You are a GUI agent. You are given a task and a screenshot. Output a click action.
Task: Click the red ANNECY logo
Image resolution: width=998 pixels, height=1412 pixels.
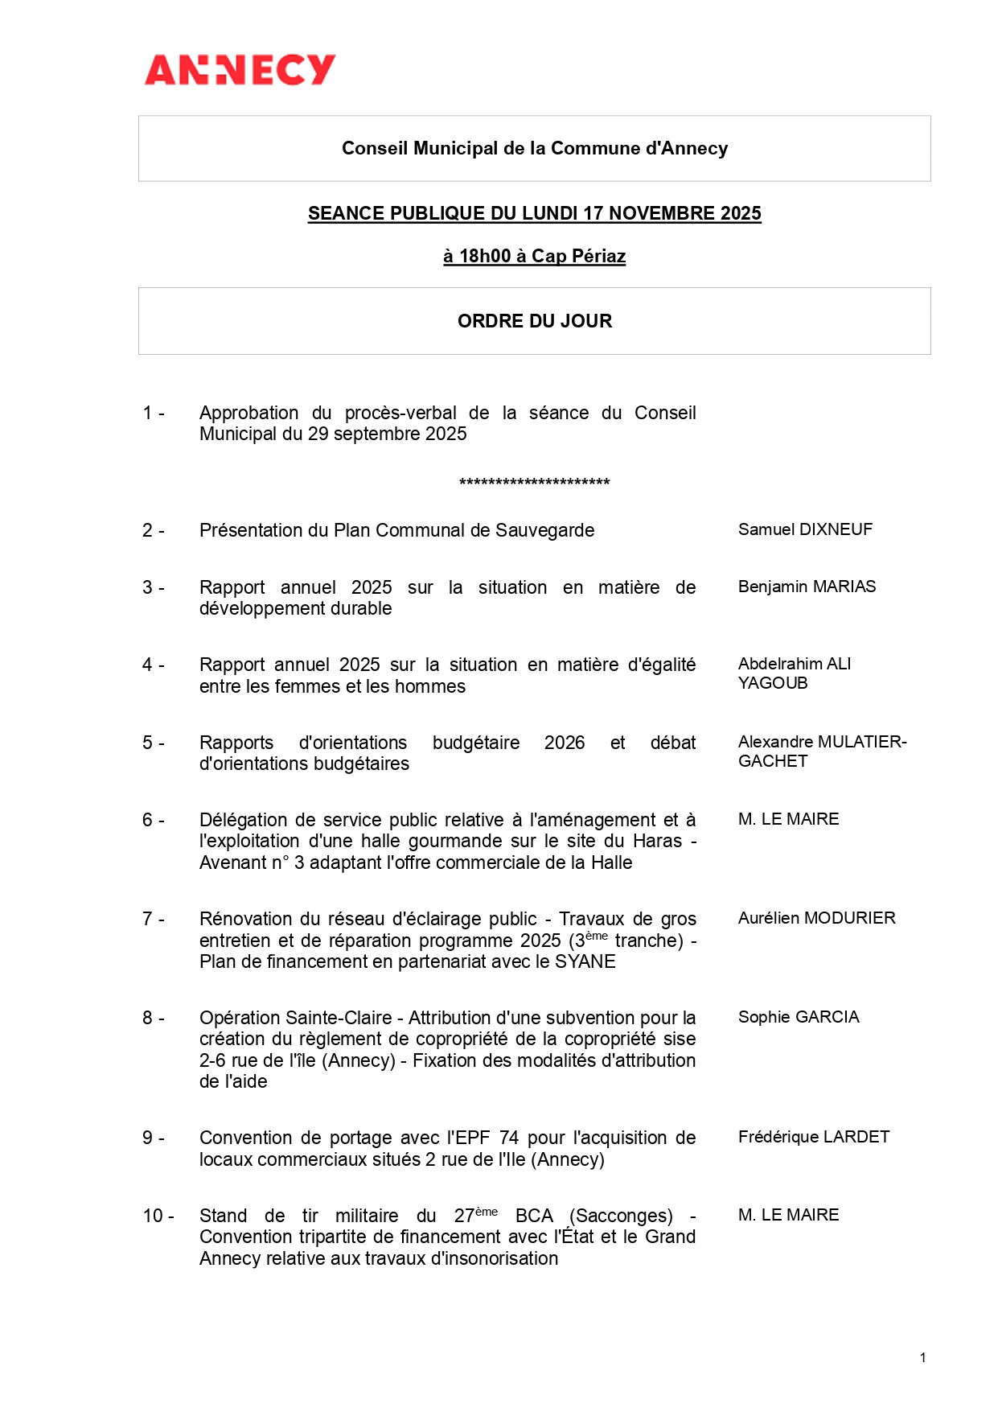pos(240,70)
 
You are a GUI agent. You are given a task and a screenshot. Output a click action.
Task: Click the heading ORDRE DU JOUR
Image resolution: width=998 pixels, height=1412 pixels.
pos(534,321)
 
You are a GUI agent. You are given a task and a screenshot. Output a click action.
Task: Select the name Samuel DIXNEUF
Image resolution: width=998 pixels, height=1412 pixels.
pos(805,529)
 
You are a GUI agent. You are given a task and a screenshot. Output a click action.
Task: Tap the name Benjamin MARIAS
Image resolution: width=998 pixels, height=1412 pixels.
pos(807,587)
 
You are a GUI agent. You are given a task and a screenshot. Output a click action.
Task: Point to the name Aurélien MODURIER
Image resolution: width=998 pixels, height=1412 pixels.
pos(816,918)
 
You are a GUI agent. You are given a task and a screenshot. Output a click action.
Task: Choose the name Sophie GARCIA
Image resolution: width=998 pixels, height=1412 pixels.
pos(799,1017)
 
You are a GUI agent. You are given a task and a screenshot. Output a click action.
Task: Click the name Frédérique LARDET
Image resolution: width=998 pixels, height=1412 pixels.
pos(814,1137)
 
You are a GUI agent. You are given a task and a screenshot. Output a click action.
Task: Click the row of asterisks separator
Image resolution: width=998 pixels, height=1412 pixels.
pos(534,483)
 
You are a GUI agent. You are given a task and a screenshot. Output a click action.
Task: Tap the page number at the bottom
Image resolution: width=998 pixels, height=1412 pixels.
pos(922,1357)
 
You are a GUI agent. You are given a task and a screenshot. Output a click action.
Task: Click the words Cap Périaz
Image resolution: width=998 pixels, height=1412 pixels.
pos(578,257)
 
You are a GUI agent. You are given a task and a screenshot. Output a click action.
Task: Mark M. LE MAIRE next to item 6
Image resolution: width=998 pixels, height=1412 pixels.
pos(788,819)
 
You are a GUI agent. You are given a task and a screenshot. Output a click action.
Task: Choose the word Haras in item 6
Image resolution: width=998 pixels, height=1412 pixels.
pos(657,841)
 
